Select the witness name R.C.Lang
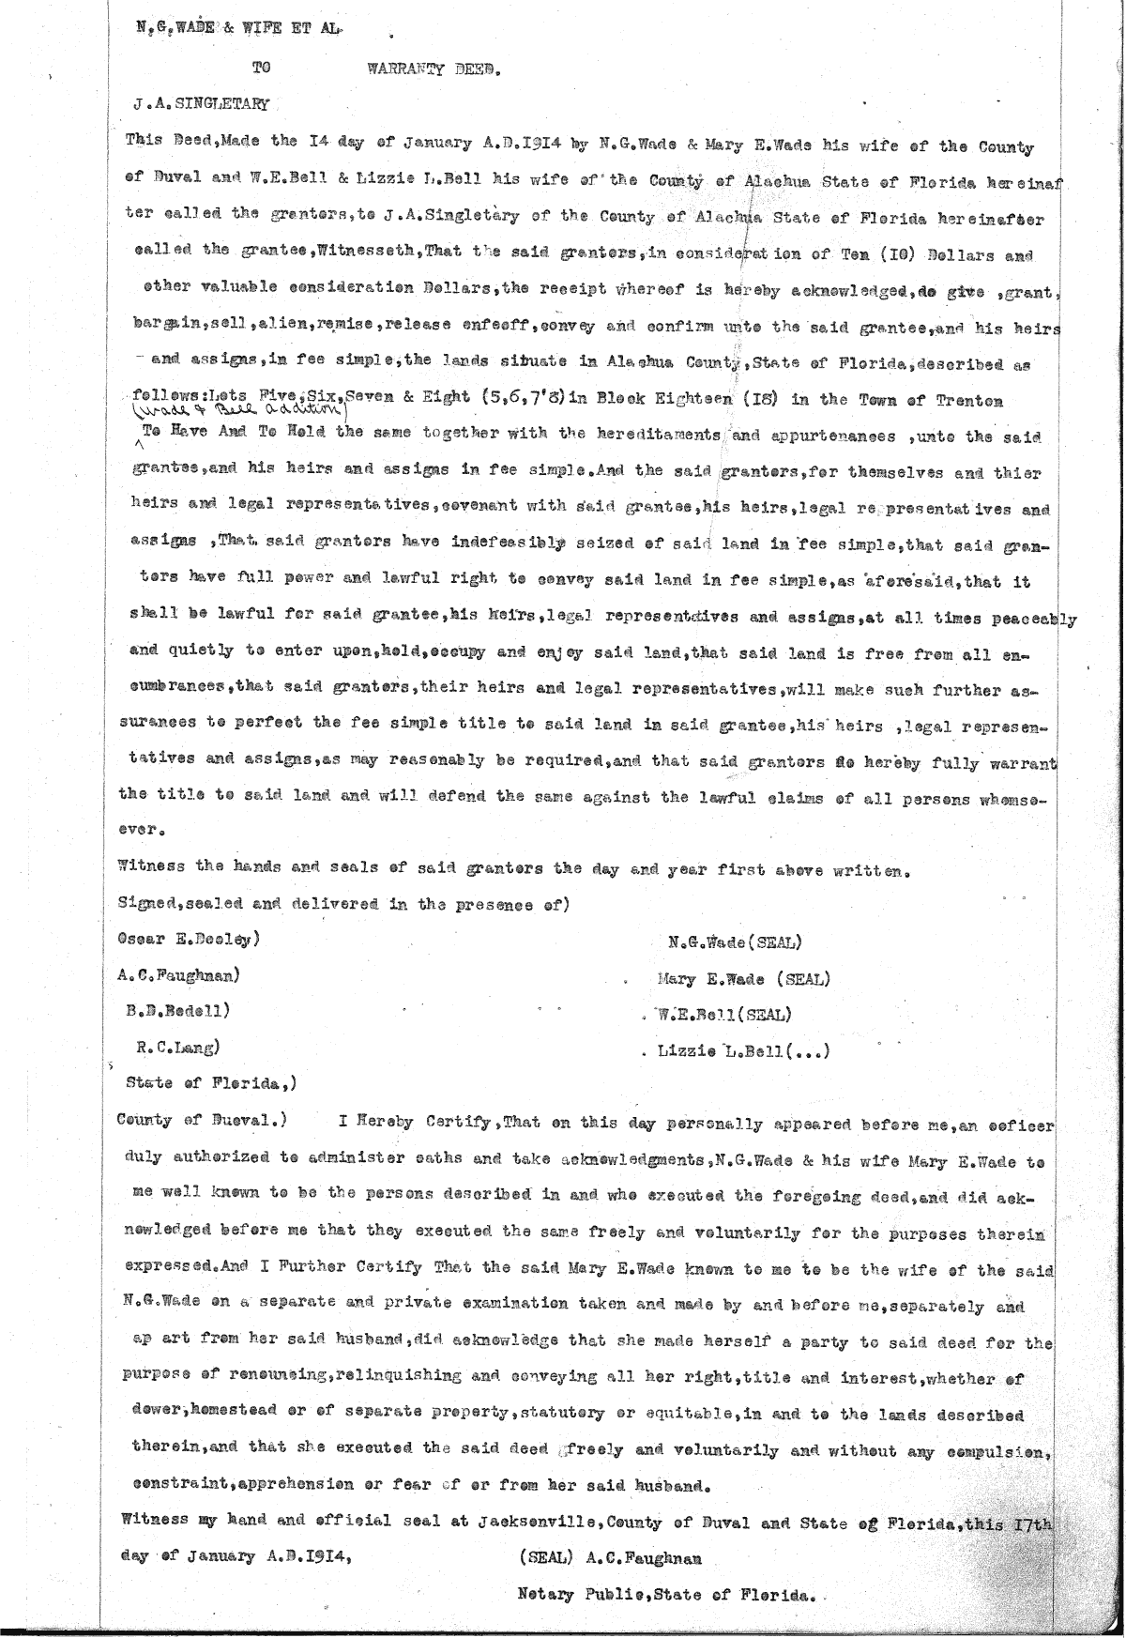pyautogui.click(x=177, y=1046)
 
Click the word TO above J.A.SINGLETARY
pyautogui.click(x=259, y=68)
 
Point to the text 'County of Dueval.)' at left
pyautogui.click(x=200, y=1119)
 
